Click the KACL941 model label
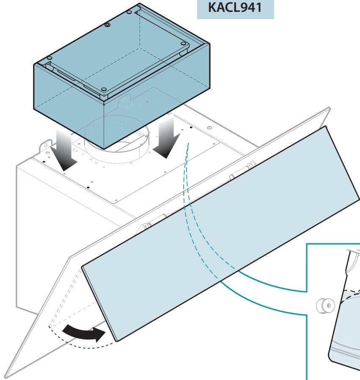click(x=235, y=8)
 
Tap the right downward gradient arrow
click(x=167, y=136)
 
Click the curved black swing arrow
click(x=84, y=333)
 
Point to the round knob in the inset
click(x=326, y=306)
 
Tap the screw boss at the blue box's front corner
click(x=104, y=89)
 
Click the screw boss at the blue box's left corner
click(x=49, y=58)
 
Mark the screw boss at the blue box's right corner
click(x=184, y=44)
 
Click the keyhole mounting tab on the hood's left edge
click(x=46, y=146)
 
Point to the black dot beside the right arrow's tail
click(x=191, y=127)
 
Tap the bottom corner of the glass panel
click(x=117, y=341)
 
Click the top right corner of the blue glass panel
click(x=326, y=126)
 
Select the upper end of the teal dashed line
click(x=189, y=143)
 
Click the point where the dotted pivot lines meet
click(x=49, y=327)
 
